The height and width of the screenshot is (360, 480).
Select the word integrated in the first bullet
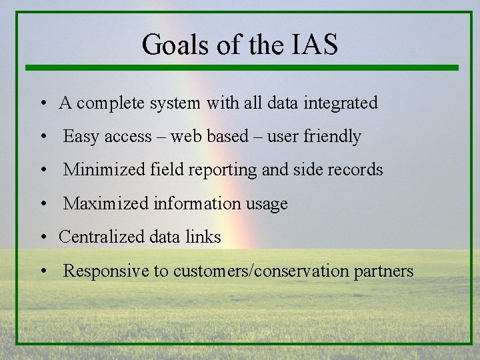341,103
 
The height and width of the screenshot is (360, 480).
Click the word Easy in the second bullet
81,137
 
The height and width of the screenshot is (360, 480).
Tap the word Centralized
100,237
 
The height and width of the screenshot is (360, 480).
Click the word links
203,237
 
